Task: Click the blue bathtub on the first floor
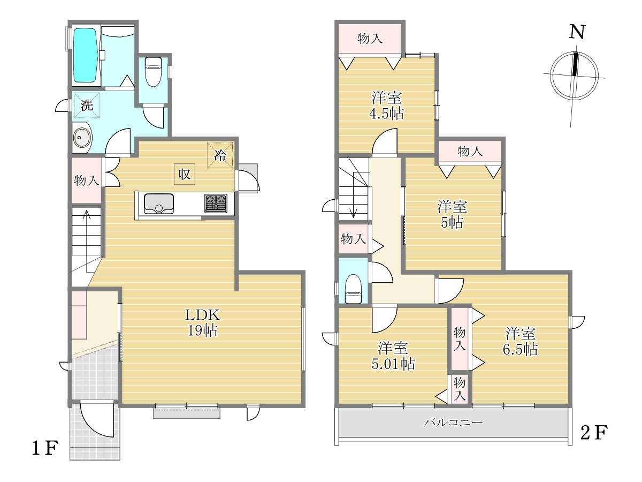[85, 55]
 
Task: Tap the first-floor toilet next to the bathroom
[153, 71]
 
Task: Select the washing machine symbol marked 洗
[87, 106]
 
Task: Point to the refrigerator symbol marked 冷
[220, 155]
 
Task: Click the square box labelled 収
[184, 174]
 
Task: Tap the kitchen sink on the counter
[158, 204]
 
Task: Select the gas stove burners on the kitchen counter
[216, 204]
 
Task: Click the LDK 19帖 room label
[202, 322]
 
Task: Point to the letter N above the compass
[577, 32]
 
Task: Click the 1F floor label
[45, 448]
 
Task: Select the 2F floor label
[594, 433]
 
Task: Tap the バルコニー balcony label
[453, 423]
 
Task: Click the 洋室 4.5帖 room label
[387, 106]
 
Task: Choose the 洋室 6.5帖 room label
[521, 342]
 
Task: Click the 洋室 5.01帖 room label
[393, 356]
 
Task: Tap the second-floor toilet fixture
[353, 289]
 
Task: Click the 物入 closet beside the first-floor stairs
[87, 180]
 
